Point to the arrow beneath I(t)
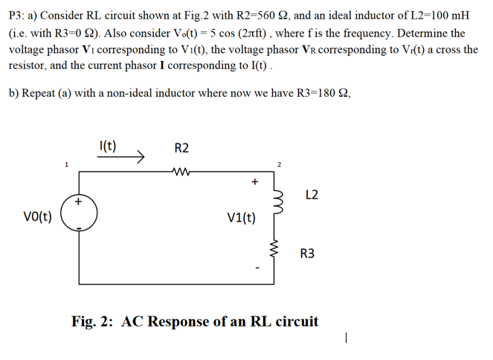click(128, 157)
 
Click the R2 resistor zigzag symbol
click(181, 171)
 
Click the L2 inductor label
click(312, 195)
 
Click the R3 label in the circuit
click(307, 254)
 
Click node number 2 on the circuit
click(278, 164)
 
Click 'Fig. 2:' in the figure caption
click(93, 321)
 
